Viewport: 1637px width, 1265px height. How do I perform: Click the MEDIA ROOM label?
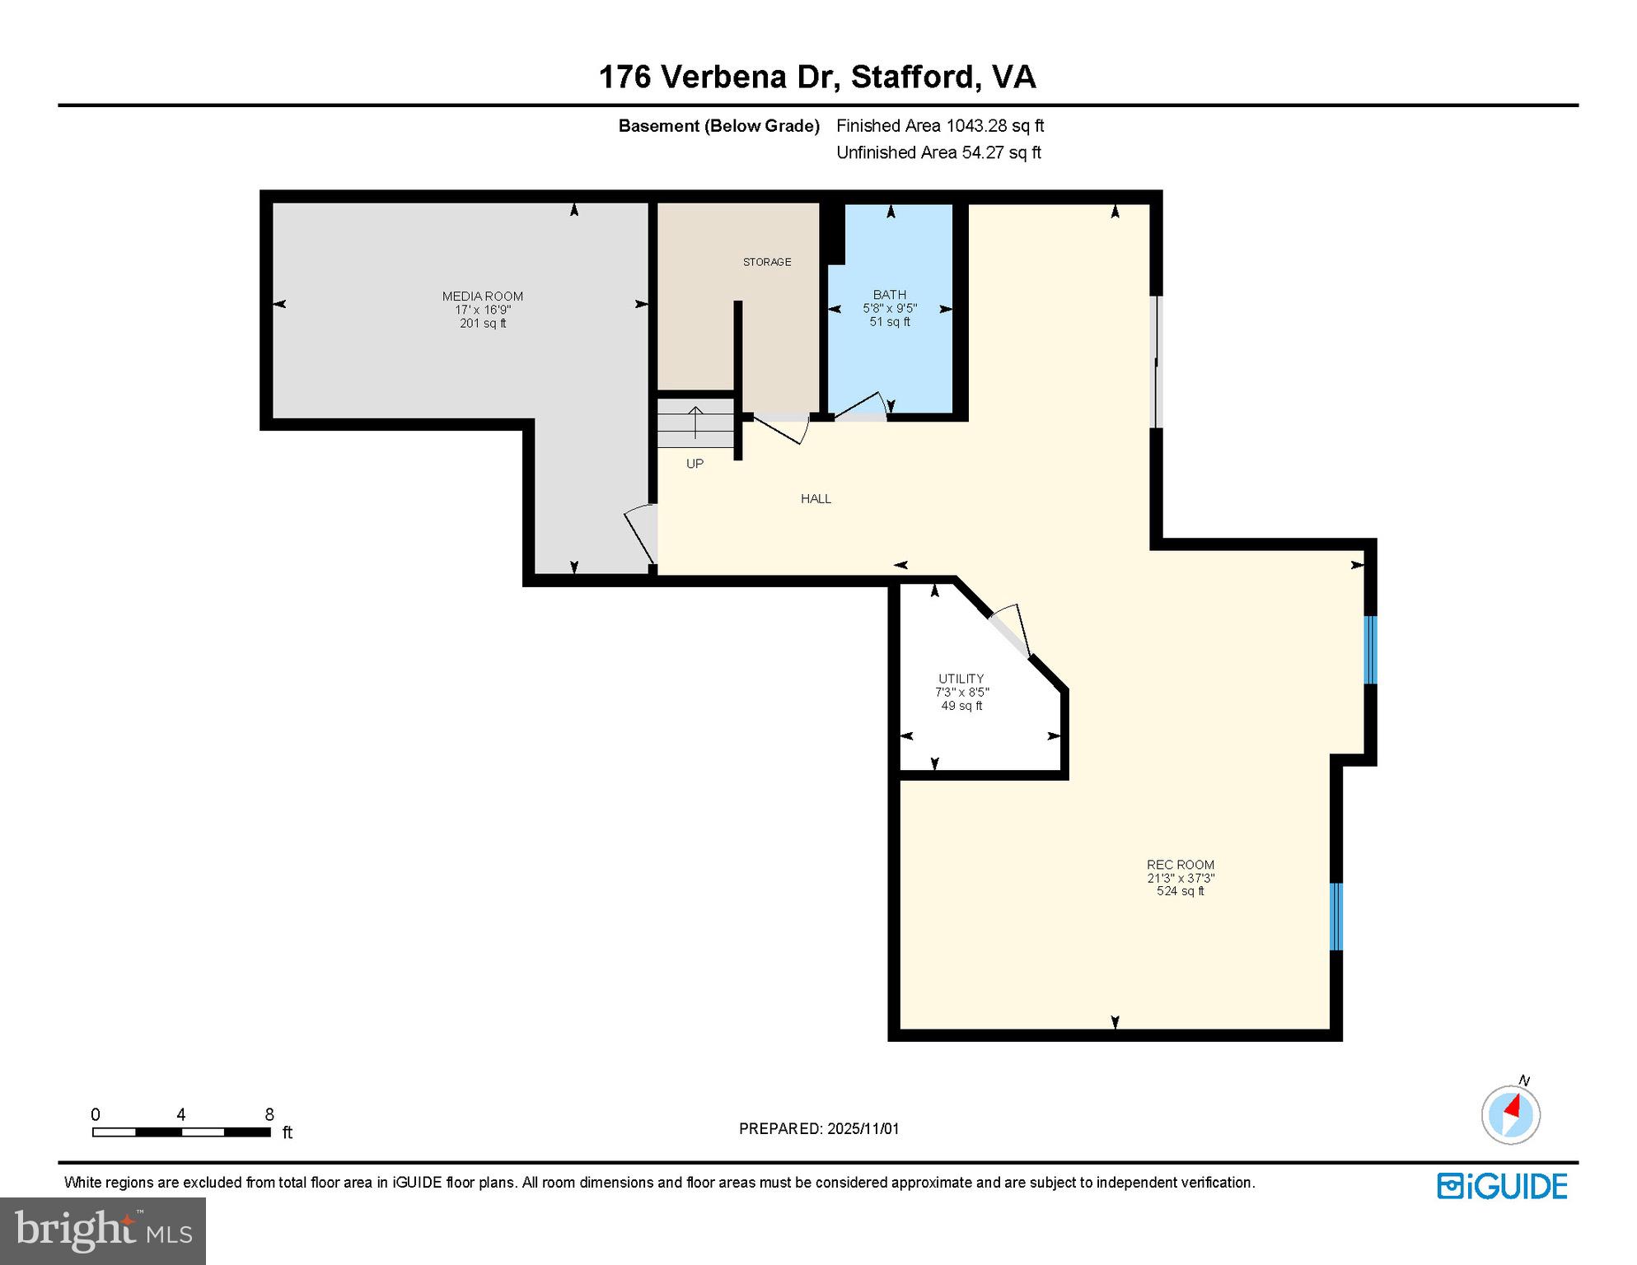(482, 296)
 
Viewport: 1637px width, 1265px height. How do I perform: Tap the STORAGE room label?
(766, 262)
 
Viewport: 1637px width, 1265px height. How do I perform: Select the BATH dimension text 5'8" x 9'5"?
(890, 308)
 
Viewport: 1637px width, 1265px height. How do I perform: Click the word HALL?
(816, 498)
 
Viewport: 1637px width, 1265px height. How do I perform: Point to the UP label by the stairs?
(695, 464)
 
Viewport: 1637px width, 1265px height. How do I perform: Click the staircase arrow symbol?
(695, 422)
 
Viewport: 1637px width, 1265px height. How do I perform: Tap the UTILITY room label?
(961, 679)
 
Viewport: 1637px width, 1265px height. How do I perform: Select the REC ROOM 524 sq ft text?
(1180, 891)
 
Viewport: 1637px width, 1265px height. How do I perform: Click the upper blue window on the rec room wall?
(1370, 650)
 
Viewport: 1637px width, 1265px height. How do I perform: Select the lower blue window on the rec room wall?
(1336, 916)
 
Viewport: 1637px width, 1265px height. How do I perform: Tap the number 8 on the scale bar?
(269, 1114)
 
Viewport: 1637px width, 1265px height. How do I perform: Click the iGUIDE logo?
(1502, 1186)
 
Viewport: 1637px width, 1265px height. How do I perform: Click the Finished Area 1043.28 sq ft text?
(940, 126)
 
